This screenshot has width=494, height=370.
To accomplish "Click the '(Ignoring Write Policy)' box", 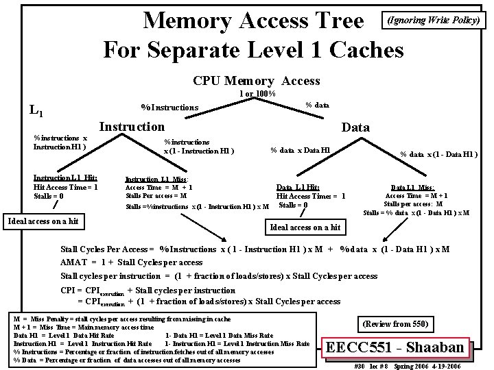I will pos(434,20).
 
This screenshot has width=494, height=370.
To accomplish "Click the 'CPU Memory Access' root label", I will pos(257,81).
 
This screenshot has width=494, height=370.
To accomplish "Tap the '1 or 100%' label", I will pos(257,94).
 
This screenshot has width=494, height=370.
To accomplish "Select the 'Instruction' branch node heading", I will pos(132,126).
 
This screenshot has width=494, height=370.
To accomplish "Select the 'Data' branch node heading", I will pos(355,127).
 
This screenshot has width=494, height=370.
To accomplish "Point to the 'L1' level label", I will pos(37,110).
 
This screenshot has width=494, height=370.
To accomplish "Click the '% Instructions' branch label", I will pos(169,107).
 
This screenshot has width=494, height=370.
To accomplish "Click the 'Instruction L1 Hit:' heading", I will pos(65,177).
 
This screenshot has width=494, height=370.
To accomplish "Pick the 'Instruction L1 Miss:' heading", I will pos(156,179).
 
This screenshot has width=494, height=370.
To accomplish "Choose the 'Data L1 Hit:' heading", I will pos(298,187).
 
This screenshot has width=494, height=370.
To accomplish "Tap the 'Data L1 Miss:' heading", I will pos(412,187).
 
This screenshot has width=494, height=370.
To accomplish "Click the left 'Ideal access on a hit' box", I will pos(43,221).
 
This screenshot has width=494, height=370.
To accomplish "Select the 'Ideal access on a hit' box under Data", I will pos(305,227).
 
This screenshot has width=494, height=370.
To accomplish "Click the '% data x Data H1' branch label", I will pos(300,150).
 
